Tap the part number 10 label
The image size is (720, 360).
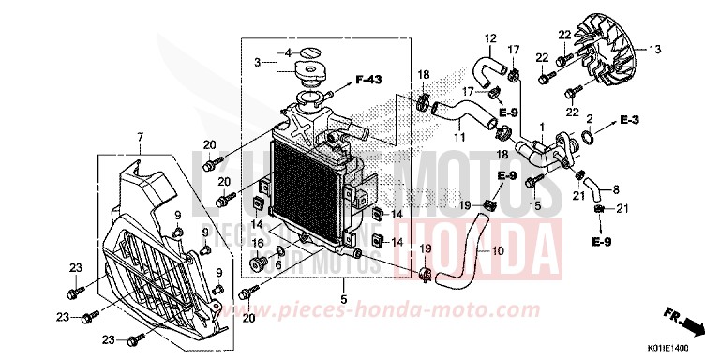point(497,251)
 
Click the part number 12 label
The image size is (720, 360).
point(489,38)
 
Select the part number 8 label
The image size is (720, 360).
point(616,189)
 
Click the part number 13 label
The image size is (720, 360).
point(654,48)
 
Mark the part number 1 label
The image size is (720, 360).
point(542,125)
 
